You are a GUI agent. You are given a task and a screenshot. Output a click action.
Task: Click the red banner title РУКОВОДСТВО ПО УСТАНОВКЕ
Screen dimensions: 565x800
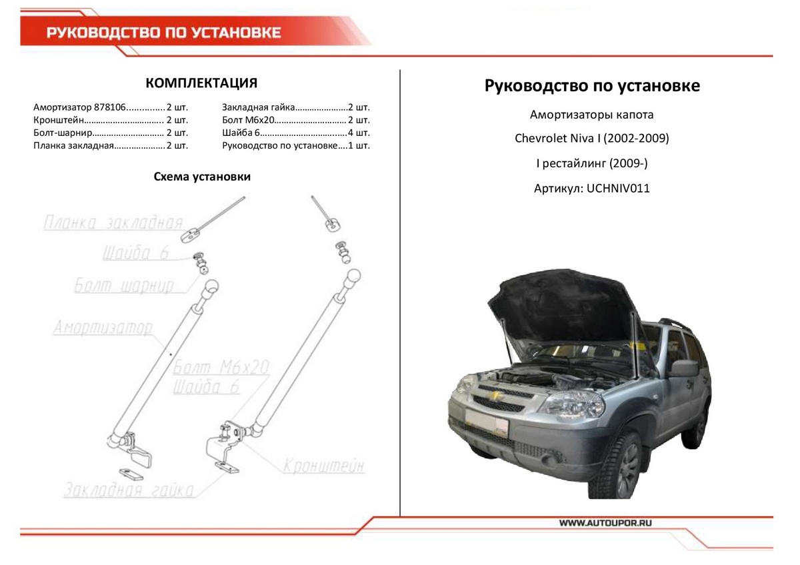(163, 33)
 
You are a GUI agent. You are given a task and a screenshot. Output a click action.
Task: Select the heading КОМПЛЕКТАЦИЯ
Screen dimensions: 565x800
(201, 83)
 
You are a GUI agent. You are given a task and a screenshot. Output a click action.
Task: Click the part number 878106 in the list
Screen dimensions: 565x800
(110, 107)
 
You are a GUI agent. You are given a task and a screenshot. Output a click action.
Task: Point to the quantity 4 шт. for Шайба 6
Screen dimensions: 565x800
(358, 133)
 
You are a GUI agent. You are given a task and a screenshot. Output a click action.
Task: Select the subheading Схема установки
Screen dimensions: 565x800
(201, 177)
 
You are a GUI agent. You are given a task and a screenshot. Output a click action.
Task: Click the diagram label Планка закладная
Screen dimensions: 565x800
(113, 223)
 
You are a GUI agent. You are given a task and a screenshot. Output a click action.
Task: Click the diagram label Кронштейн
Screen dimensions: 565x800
(324, 466)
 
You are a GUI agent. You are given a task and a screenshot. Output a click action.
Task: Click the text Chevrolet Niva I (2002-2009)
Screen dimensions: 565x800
(591, 139)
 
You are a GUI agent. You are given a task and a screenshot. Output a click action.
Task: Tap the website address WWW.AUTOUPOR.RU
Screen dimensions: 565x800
(605, 523)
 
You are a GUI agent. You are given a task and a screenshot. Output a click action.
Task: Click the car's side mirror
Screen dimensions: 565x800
(683, 368)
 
